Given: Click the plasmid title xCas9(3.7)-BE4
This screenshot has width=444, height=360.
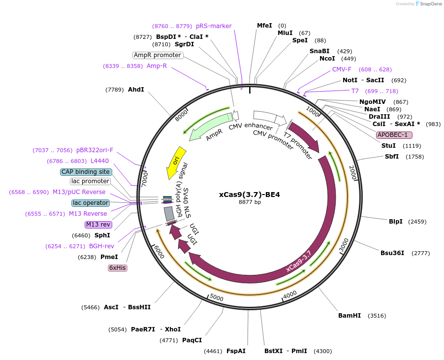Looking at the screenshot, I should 249,195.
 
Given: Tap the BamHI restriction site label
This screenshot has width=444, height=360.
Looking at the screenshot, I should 349,316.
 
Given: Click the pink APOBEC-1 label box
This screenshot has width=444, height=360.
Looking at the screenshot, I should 394,135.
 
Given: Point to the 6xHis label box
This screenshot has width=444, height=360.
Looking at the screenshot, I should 118,268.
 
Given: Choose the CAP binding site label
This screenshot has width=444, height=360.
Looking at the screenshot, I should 86,172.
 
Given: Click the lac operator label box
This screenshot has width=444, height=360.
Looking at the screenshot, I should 90,203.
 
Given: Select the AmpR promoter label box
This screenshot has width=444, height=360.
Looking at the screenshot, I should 158,55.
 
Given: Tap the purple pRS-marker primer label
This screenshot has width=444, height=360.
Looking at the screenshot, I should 214,26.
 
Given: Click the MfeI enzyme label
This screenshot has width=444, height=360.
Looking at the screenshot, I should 264,26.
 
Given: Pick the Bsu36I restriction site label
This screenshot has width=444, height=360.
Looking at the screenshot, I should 392,253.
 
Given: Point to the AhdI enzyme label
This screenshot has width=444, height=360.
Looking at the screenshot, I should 136,90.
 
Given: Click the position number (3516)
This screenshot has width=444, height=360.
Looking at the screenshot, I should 377,316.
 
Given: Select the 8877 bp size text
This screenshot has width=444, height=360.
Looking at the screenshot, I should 249,202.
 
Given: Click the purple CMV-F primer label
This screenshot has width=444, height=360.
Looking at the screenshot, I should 342,69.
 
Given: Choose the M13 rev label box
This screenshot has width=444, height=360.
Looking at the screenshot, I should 98,225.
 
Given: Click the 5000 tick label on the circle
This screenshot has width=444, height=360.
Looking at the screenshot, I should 217,298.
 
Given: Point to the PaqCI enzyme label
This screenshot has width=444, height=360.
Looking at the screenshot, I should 192,340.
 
